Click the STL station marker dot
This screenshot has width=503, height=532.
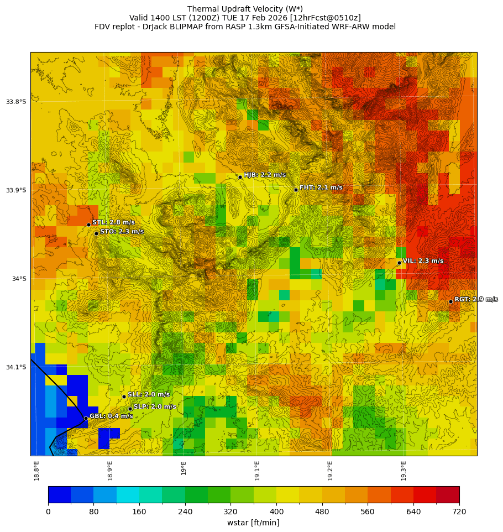click(x=88, y=225)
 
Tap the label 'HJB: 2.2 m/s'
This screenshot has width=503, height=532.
click(x=265, y=175)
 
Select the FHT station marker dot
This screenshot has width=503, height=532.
click(x=296, y=190)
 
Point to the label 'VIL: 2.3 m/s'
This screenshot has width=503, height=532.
click(x=423, y=261)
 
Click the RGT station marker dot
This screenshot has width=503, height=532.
click(x=450, y=301)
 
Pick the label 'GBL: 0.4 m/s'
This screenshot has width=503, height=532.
click(x=111, y=416)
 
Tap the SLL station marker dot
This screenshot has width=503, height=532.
click(x=124, y=397)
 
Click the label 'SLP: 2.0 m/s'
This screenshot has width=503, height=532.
click(x=155, y=407)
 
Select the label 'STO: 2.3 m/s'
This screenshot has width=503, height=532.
click(x=122, y=232)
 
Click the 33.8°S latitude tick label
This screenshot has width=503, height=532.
click(x=16, y=102)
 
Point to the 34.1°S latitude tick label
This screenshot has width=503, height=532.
click(x=16, y=367)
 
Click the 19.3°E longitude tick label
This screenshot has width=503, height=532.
click(x=404, y=470)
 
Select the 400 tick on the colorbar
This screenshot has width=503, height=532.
click(x=276, y=512)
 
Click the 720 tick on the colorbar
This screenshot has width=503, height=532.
click(x=459, y=512)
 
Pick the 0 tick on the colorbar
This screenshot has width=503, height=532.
click(x=48, y=512)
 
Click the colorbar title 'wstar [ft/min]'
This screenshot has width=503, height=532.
click(x=253, y=523)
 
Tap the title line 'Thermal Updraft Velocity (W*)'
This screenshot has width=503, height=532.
click(x=245, y=9)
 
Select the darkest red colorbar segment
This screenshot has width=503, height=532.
click(x=447, y=494)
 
